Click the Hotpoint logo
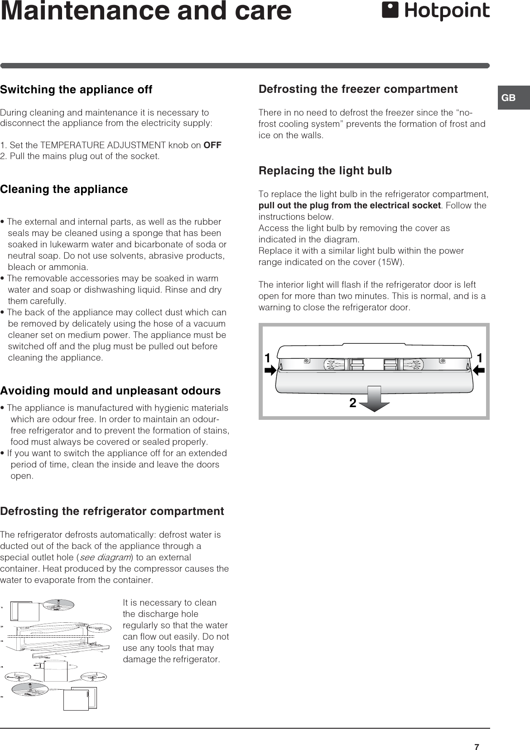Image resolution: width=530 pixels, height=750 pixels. [435, 11]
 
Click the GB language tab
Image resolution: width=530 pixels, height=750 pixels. [509, 98]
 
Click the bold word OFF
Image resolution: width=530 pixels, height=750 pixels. [212, 145]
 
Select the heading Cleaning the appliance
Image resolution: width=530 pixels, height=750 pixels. [64, 189]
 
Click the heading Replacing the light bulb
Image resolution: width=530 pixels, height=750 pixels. [325, 171]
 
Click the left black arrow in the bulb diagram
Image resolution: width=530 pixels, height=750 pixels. [270, 370]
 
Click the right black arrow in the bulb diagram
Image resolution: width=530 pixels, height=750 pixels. [479, 370]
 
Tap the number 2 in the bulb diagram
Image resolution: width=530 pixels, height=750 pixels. [352, 403]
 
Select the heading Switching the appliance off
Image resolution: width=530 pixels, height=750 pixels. [76, 89]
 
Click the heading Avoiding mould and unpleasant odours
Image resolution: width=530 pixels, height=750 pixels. [110, 390]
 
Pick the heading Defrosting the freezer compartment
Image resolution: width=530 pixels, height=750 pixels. [358, 89]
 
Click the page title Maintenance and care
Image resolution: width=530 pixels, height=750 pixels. [146, 11]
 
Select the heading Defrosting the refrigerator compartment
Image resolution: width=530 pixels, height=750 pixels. [112, 511]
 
